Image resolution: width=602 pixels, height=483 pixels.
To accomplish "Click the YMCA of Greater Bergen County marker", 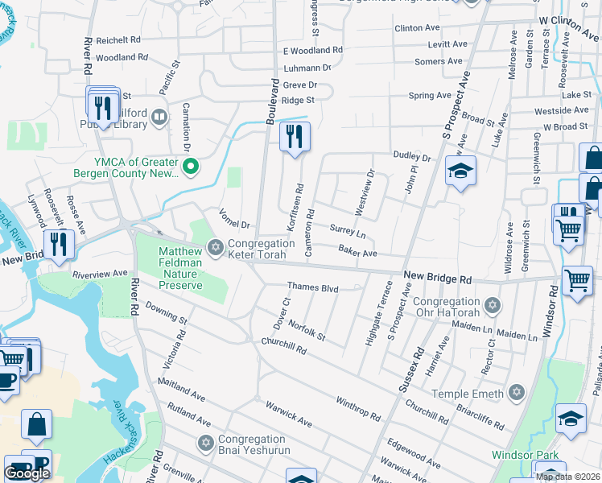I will click(191, 167).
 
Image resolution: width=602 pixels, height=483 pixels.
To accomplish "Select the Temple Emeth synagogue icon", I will click(517, 393).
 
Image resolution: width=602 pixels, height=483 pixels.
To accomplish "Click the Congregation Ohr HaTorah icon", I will click(493, 306).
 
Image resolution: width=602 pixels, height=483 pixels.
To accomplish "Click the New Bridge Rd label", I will click(437, 277).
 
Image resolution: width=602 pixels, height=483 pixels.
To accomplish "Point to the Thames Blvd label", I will click(312, 287).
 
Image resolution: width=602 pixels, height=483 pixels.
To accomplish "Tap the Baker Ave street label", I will click(357, 253).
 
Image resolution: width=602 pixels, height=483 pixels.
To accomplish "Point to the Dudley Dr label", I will click(412, 156).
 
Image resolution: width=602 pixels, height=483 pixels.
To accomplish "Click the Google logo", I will click(27, 473).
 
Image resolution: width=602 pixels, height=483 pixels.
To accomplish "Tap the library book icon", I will click(159, 119).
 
